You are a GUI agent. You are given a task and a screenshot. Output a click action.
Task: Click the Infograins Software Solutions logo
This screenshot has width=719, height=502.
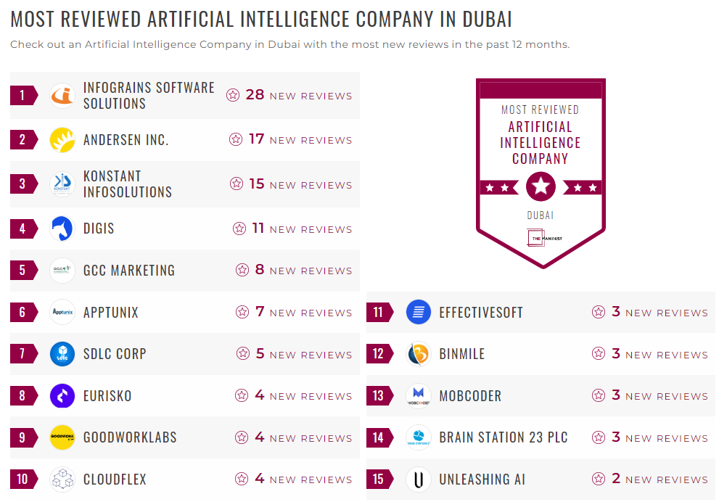(62, 95)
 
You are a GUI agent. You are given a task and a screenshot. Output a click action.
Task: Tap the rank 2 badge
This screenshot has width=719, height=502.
(22, 140)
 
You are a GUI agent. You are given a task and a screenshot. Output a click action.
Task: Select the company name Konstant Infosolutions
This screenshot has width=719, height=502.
(128, 184)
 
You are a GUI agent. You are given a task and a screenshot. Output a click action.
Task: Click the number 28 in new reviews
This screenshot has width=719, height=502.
(255, 95)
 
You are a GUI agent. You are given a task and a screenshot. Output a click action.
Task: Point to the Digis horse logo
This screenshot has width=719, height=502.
(62, 229)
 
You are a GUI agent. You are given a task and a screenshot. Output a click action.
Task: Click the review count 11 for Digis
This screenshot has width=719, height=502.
(258, 229)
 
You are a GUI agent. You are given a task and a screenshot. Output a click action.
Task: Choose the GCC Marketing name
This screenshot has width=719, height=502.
(129, 271)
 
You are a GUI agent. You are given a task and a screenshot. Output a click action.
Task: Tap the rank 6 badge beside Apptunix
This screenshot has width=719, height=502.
(22, 313)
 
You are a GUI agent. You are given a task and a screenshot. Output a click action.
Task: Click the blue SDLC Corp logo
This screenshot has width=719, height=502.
(62, 354)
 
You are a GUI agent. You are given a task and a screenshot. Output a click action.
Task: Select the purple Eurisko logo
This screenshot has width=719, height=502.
(62, 396)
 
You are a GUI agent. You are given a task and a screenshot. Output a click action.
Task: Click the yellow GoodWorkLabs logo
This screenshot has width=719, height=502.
(62, 437)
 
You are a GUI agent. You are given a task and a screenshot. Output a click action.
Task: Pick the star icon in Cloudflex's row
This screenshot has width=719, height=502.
(242, 480)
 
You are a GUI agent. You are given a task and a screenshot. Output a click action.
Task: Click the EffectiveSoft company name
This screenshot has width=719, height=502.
(481, 313)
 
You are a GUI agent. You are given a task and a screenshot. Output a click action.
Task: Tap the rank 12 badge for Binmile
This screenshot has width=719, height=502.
(378, 354)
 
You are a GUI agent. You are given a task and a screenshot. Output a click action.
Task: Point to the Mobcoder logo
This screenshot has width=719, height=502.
(419, 396)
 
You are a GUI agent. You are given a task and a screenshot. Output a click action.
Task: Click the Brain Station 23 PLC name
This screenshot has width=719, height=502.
(504, 437)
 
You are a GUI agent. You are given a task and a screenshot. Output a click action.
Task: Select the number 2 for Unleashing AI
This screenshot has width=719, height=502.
(616, 480)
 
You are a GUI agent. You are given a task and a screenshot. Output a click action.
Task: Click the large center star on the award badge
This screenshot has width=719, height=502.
(541, 187)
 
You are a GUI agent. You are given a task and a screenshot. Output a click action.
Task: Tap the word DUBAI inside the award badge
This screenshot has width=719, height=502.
(541, 215)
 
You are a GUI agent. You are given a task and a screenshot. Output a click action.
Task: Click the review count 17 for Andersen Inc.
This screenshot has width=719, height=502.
(256, 139)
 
